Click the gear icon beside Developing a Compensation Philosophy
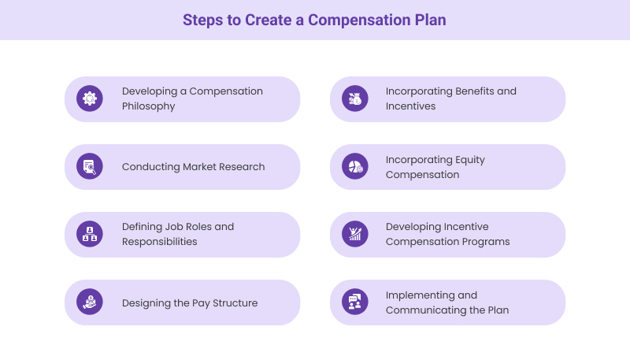(x=90, y=98)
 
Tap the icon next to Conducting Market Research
(x=90, y=166)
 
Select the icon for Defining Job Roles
(x=90, y=234)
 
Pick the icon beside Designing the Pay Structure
(x=90, y=302)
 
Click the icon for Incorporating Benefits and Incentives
(x=355, y=98)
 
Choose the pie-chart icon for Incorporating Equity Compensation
(x=355, y=166)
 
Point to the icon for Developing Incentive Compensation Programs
(x=355, y=234)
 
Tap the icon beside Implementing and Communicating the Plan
(x=355, y=302)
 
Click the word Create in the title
(x=269, y=20)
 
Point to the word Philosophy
(x=148, y=106)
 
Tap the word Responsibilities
(x=159, y=242)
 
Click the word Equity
(x=469, y=159)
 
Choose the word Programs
(x=487, y=242)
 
